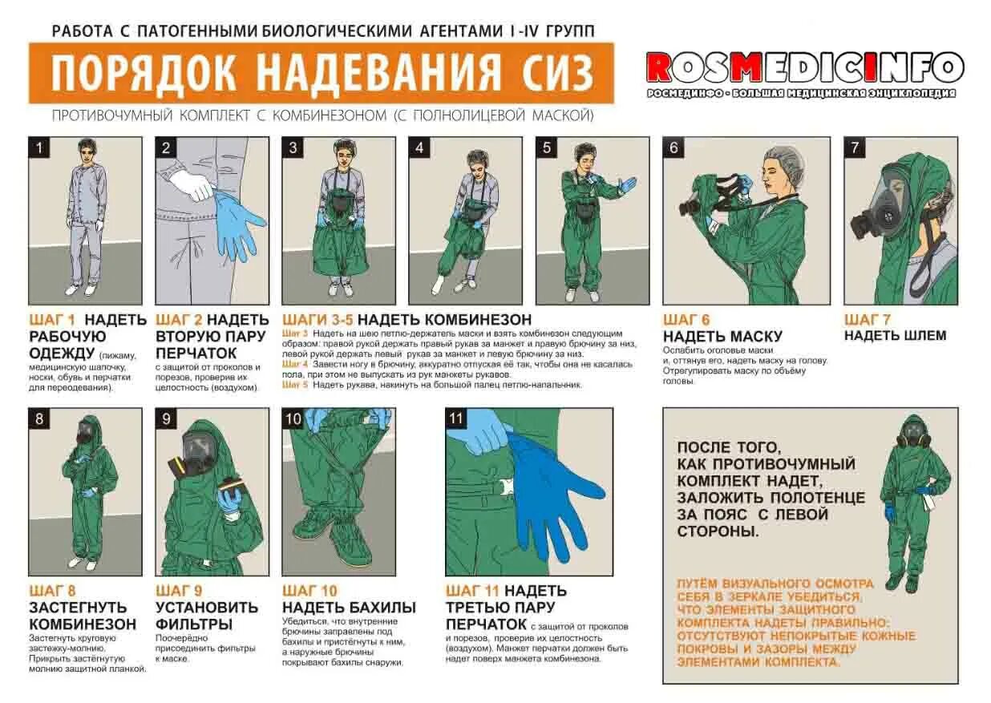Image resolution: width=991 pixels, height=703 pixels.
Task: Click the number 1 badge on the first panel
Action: click(39, 147)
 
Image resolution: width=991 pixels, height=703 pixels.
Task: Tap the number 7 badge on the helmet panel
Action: click(855, 147)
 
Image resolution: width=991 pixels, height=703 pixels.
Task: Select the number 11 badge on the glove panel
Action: click(455, 418)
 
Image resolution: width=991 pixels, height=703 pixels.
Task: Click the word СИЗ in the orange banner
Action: click(557, 73)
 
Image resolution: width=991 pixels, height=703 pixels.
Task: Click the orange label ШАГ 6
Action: click(686, 319)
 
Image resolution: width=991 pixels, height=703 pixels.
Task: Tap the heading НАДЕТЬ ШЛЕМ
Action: click(895, 335)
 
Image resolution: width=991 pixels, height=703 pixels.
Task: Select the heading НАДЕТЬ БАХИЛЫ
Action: click(349, 608)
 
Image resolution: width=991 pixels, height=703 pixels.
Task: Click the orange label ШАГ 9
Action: click(179, 591)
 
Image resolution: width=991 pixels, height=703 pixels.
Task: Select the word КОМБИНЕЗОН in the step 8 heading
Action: click(83, 624)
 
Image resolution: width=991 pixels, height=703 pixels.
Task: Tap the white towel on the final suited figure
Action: click(928, 503)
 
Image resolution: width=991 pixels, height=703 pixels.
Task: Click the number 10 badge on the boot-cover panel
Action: click(293, 418)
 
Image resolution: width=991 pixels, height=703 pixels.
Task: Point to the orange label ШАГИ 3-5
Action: click(318, 319)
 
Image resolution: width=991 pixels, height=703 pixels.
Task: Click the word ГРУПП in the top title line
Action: click(570, 31)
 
